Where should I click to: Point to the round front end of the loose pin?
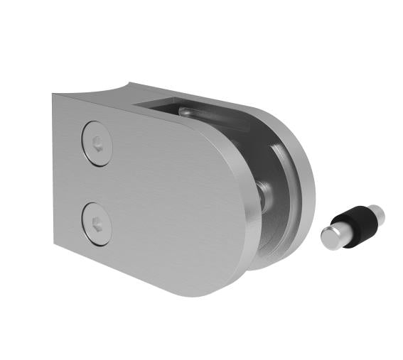click(x=331, y=237)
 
